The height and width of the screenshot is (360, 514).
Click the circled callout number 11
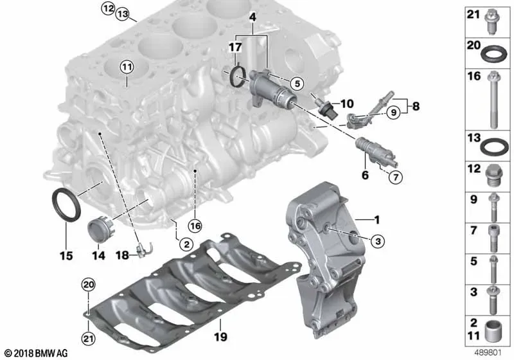click(x=127, y=67)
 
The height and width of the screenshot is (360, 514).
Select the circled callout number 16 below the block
click(x=195, y=226)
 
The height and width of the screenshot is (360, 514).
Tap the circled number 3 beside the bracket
click(x=378, y=241)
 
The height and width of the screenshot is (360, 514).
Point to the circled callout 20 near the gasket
click(x=89, y=285)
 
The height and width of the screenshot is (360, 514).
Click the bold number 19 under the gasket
click(x=220, y=336)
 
